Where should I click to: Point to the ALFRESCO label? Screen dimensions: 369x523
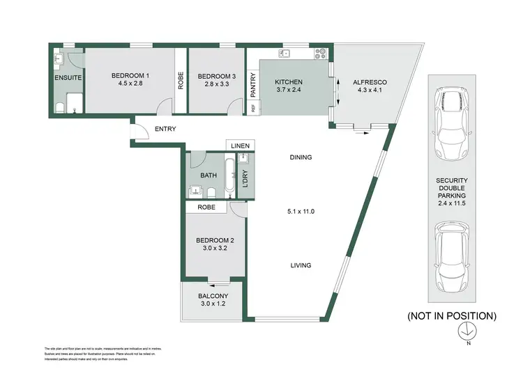click(372, 82)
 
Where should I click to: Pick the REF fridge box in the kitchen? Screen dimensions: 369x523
click(253, 108)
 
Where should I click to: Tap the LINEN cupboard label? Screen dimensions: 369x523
click(240, 146)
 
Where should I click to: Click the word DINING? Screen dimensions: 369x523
click(301, 157)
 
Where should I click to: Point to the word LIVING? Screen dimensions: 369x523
click(301, 265)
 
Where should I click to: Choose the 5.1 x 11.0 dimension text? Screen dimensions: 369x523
click(301, 211)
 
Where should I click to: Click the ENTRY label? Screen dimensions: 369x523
click(165, 129)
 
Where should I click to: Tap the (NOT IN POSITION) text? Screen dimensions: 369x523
click(452, 315)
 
